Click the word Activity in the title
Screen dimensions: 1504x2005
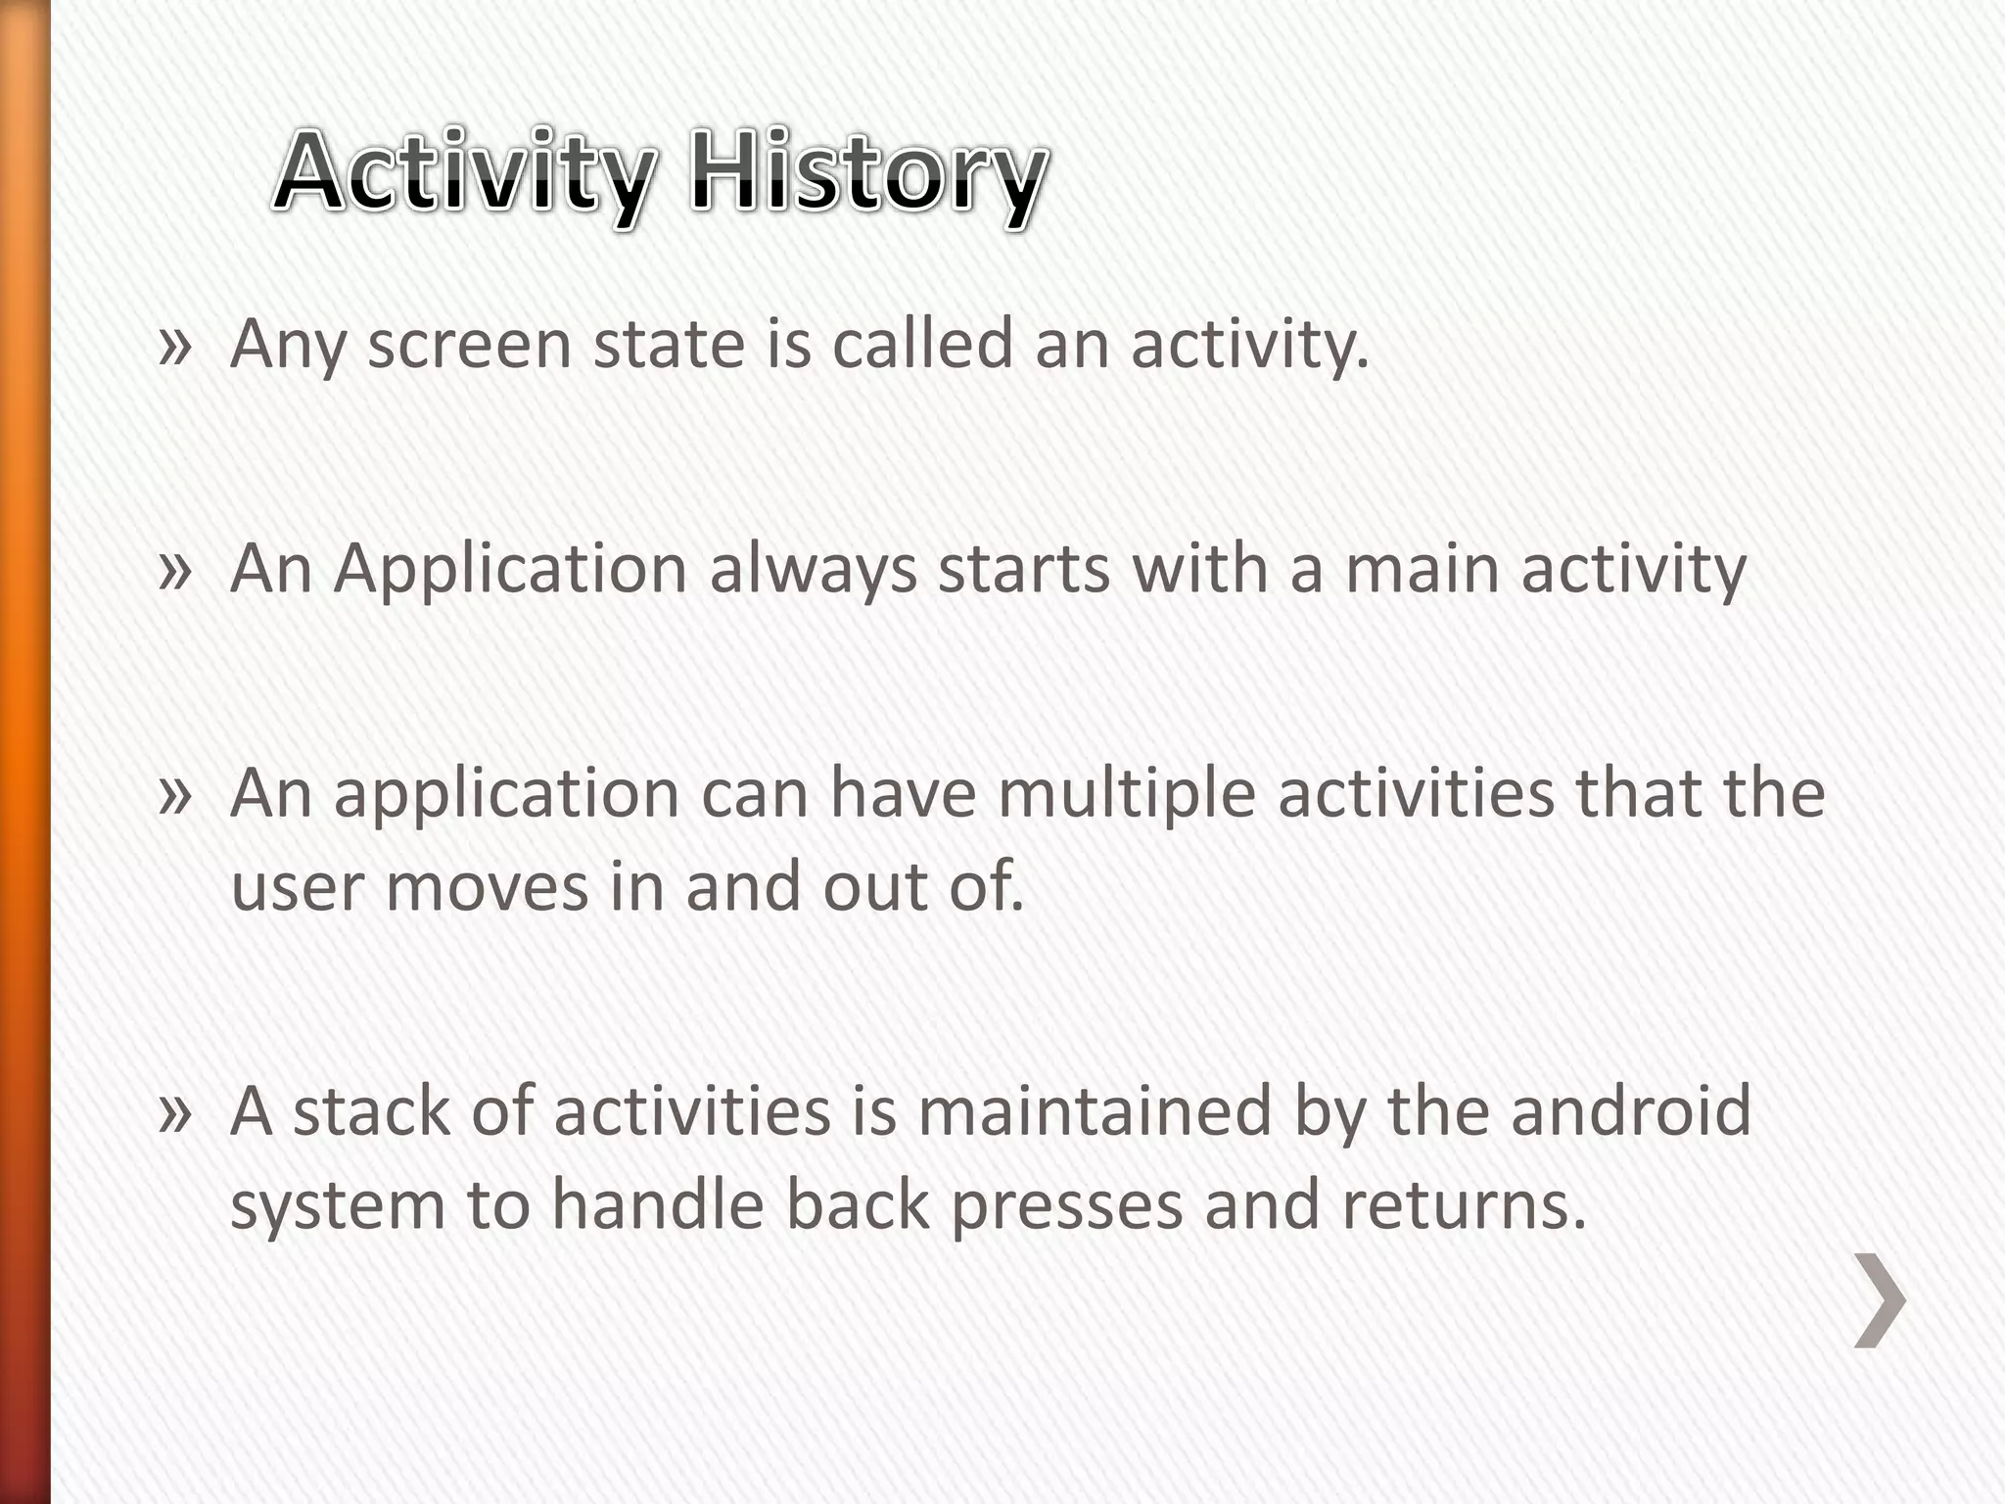[x=462, y=174]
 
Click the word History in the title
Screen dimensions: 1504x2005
[x=867, y=174]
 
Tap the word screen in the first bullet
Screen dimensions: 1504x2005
[x=469, y=346]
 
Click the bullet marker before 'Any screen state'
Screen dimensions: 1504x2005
[x=174, y=346]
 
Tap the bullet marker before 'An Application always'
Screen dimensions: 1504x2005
[x=174, y=570]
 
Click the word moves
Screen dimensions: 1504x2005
[x=488, y=887]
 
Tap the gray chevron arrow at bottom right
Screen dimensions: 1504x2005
[x=1880, y=1300]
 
